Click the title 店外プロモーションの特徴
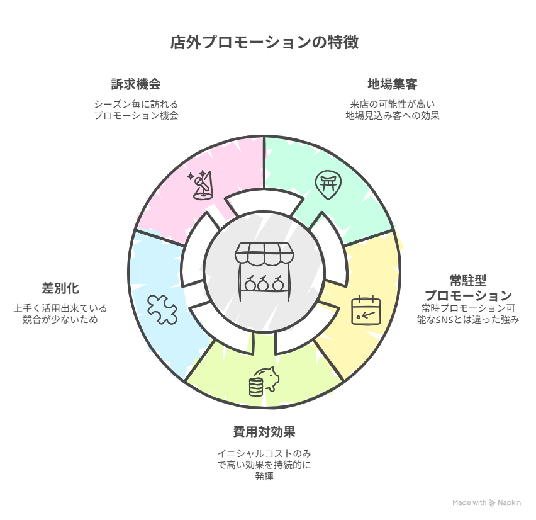[x=264, y=43]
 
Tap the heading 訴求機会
[x=135, y=84]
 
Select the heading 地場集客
[x=392, y=84]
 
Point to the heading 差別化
[x=60, y=288]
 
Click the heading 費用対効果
[x=264, y=432]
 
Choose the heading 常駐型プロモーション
[x=467, y=288]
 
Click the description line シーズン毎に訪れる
[x=135, y=104]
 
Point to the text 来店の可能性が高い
[x=392, y=104]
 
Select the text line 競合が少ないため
[x=60, y=320]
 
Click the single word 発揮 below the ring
[x=264, y=477]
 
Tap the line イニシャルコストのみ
[x=264, y=453]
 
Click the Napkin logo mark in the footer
[x=492, y=503]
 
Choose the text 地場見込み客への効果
[x=392, y=116]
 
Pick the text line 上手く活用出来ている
[x=60, y=308]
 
